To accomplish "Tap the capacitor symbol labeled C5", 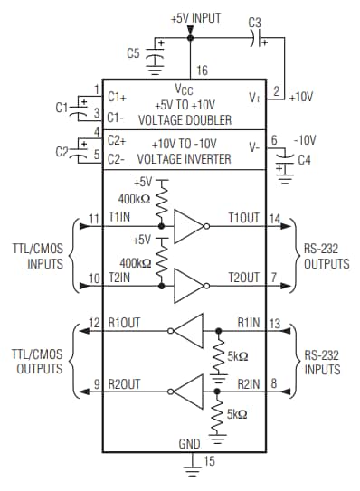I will click(156, 56).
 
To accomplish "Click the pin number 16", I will click(202, 70).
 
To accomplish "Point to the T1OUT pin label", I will click(242, 219).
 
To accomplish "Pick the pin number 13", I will click(276, 323).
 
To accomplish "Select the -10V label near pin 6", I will click(305, 140).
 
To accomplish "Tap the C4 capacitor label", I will click(304, 160).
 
